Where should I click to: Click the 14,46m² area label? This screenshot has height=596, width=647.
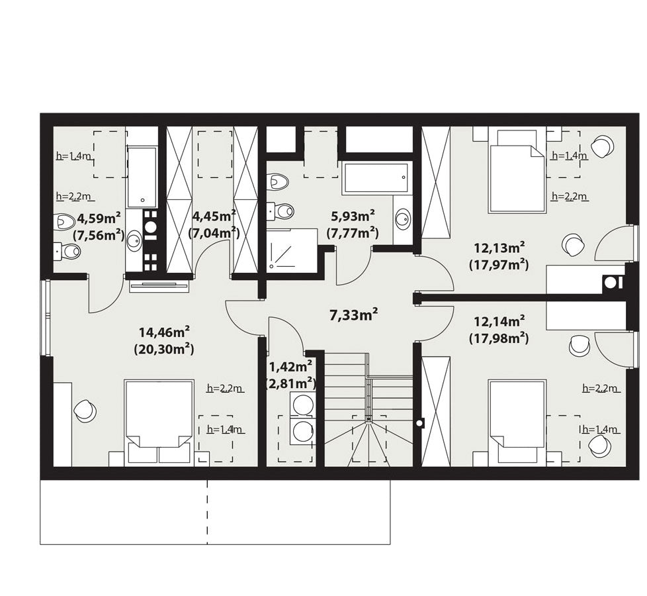pos(164,331)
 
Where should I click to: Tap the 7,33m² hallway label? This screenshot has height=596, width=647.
pos(354,315)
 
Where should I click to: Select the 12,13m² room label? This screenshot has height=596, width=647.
pos(499,248)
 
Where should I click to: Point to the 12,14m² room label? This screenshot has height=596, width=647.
pos(499,321)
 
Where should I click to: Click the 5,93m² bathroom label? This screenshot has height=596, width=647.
pos(353,216)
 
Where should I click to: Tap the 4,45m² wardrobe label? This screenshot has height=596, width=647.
pos(214,215)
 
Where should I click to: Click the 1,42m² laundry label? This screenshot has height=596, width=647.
pos(290,366)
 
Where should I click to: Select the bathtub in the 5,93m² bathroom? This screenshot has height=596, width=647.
pos(376,177)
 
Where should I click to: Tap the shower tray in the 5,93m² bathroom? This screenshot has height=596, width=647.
pos(291,249)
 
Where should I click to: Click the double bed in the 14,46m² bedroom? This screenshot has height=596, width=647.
pos(159,422)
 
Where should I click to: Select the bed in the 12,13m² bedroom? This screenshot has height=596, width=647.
pos(516,171)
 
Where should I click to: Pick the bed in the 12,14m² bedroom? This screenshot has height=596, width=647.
pos(516,422)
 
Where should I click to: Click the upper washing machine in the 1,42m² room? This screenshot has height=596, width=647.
pos(302,403)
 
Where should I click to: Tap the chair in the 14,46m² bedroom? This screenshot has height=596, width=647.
pos(85,411)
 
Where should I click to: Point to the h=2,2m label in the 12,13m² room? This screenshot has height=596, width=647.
pos(570,196)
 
